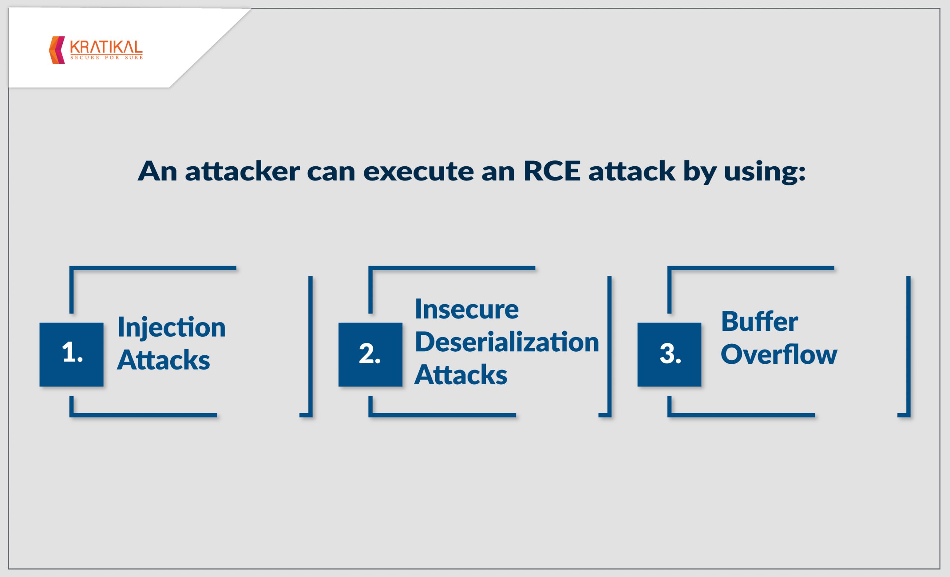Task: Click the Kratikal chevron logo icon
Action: pos(57,50)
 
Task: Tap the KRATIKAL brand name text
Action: pos(107,47)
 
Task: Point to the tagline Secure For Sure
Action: pos(107,58)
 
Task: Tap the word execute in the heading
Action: pos(419,171)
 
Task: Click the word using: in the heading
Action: pos(765,173)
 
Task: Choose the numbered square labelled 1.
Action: pos(71,355)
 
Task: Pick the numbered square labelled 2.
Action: pos(370,355)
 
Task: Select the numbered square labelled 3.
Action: pos(669,355)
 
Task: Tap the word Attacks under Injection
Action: pos(164,360)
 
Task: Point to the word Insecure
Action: pos(467,309)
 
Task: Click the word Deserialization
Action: pos(507,342)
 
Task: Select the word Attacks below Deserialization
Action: pos(461,375)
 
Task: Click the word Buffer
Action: pos(760,321)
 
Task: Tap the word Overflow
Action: pos(779,354)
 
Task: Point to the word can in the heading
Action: pos(331,172)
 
